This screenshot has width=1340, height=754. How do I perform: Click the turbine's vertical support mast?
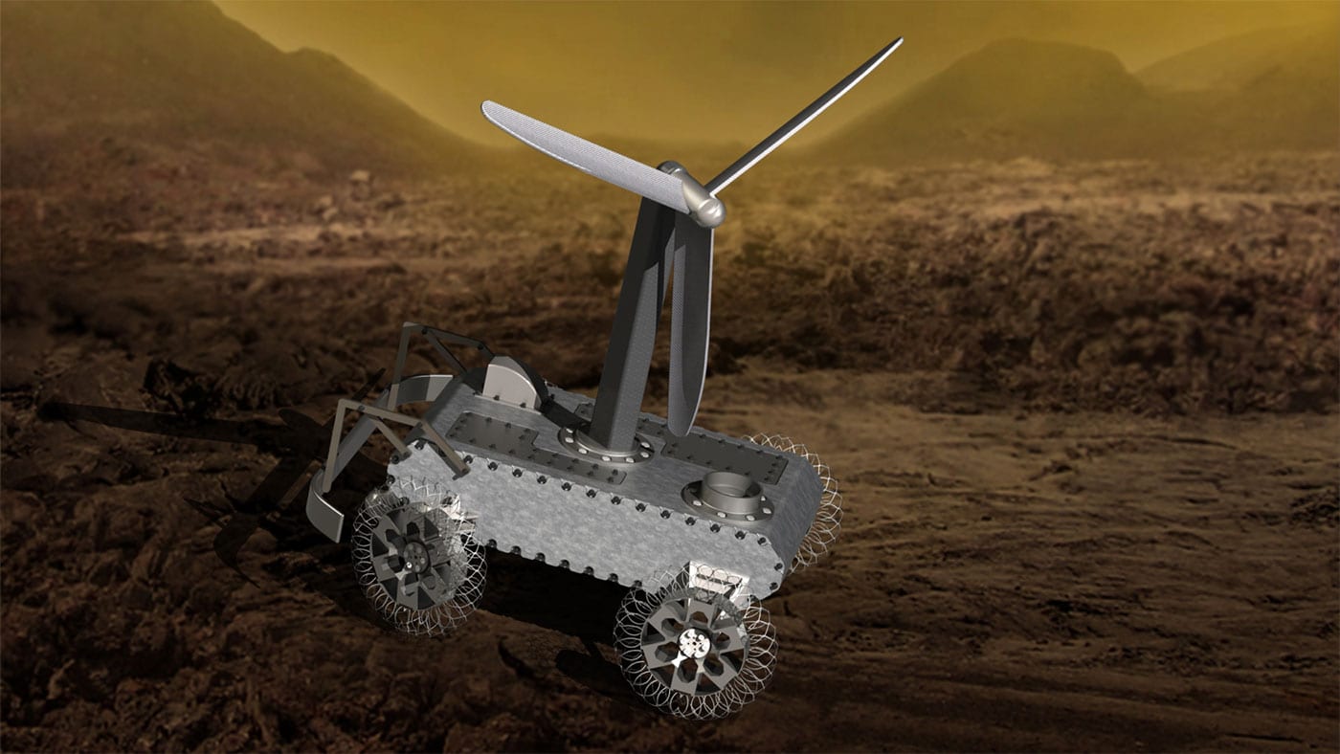tap(627, 325)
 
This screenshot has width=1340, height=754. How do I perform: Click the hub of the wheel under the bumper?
tap(416, 554)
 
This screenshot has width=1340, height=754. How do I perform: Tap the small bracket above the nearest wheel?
tap(713, 579)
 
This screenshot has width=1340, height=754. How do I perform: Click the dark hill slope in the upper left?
tap(144, 77)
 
